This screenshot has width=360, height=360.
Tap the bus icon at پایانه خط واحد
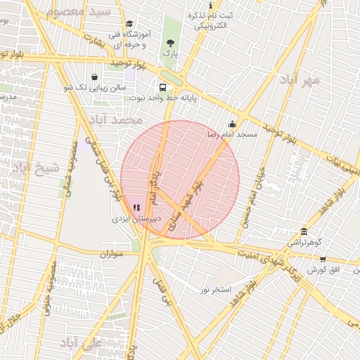tap(163, 88)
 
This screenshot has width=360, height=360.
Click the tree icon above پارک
tap(170, 42)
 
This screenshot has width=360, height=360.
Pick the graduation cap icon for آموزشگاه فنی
tap(129, 25)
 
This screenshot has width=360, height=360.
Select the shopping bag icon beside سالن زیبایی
tap(95, 77)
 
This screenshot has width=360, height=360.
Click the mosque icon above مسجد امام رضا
tap(232, 124)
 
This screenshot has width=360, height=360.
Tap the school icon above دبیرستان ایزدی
tap(136, 208)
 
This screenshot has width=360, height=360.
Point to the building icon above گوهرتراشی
tap(304, 232)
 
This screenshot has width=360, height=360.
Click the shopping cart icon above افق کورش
tap(323, 259)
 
